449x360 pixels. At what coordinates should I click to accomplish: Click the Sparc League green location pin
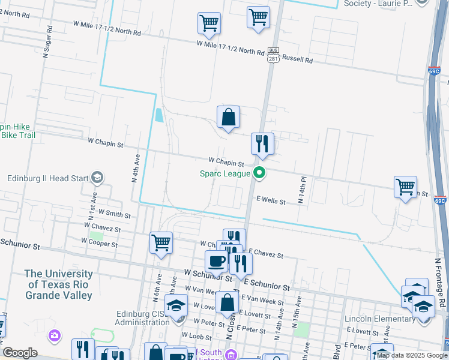260,173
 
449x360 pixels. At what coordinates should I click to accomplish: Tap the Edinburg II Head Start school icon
97,178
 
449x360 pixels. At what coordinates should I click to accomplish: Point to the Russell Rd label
298,60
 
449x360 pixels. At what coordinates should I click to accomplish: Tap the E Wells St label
271,201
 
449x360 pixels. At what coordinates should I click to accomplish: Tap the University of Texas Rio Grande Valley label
58,284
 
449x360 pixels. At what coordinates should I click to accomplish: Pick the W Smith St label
115,213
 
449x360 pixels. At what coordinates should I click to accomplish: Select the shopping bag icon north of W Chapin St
229,118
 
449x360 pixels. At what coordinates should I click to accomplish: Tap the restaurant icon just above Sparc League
262,145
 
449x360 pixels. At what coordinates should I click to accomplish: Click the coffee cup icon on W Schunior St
216,262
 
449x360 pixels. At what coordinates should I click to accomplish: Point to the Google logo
20,353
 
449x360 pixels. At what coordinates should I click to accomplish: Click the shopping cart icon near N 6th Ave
161,244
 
